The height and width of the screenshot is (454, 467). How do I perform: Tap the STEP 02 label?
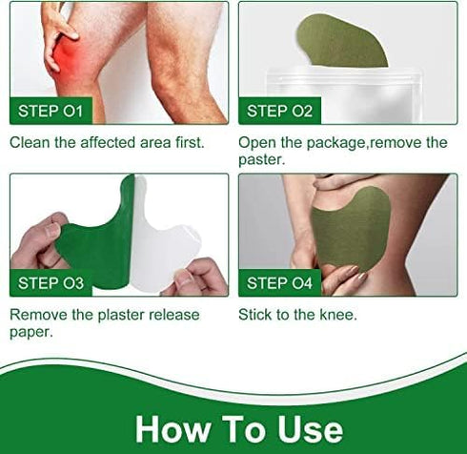(279, 112)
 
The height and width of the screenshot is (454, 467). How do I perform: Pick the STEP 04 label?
(279, 282)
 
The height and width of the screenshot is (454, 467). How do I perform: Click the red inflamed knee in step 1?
(69, 59)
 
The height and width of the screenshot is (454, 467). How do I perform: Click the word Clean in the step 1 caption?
(30, 143)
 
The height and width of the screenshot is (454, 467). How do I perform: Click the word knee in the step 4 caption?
(338, 314)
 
